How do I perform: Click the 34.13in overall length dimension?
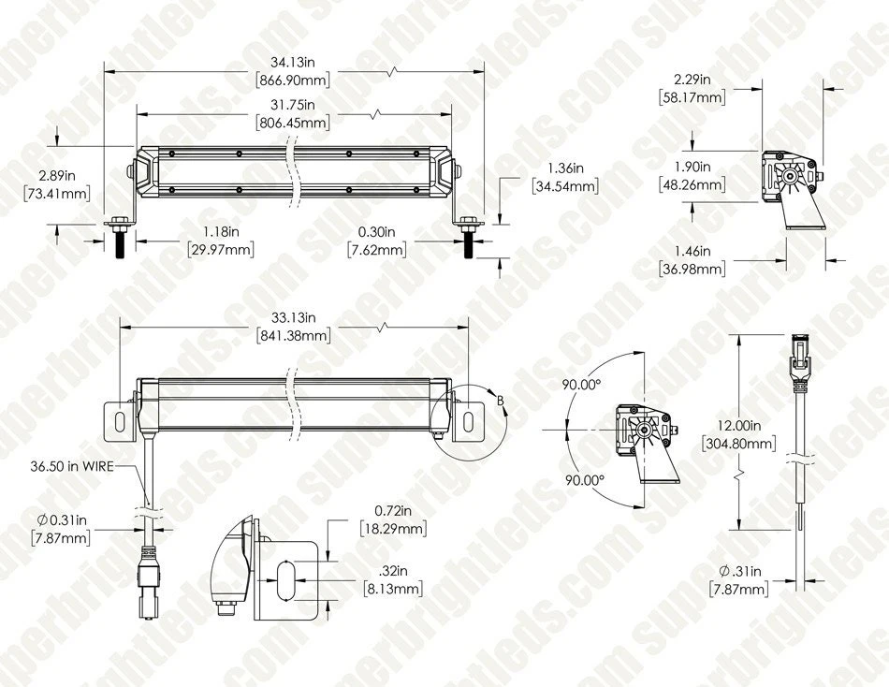point(295,64)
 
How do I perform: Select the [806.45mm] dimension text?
point(291,123)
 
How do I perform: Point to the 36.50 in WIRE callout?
point(72,463)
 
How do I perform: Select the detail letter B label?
point(501,402)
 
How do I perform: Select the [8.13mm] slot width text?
point(393,590)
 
